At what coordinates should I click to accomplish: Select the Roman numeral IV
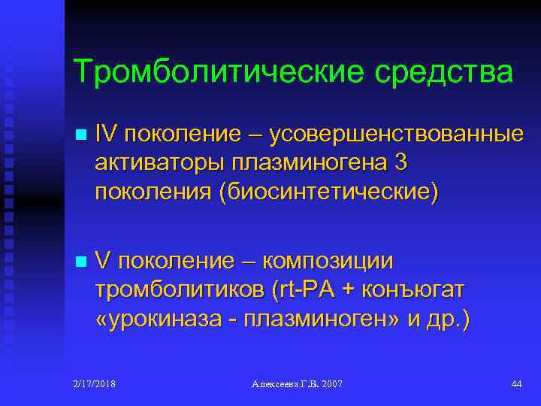(x=106, y=135)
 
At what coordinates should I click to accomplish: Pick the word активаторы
(x=159, y=162)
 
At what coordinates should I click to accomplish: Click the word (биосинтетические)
(x=327, y=190)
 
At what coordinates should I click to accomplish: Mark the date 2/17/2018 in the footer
(x=95, y=384)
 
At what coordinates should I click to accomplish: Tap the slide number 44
(x=515, y=384)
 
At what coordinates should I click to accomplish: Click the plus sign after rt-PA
(x=346, y=290)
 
